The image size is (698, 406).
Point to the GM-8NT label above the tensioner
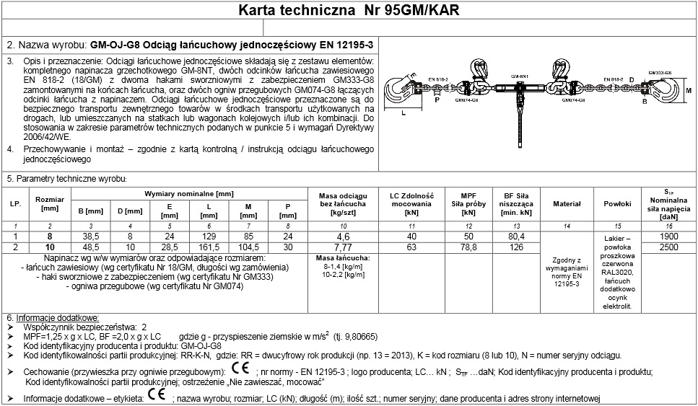click(x=518, y=75)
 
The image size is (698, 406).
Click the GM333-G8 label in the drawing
click(x=659, y=72)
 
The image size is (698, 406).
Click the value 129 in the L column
click(x=208, y=236)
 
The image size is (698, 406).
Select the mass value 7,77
click(x=343, y=247)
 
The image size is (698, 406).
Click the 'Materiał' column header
click(x=567, y=204)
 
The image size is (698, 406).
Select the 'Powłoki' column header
click(x=617, y=204)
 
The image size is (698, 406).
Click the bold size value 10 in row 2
click(x=50, y=247)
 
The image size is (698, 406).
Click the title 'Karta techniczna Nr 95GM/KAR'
click(x=349, y=12)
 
